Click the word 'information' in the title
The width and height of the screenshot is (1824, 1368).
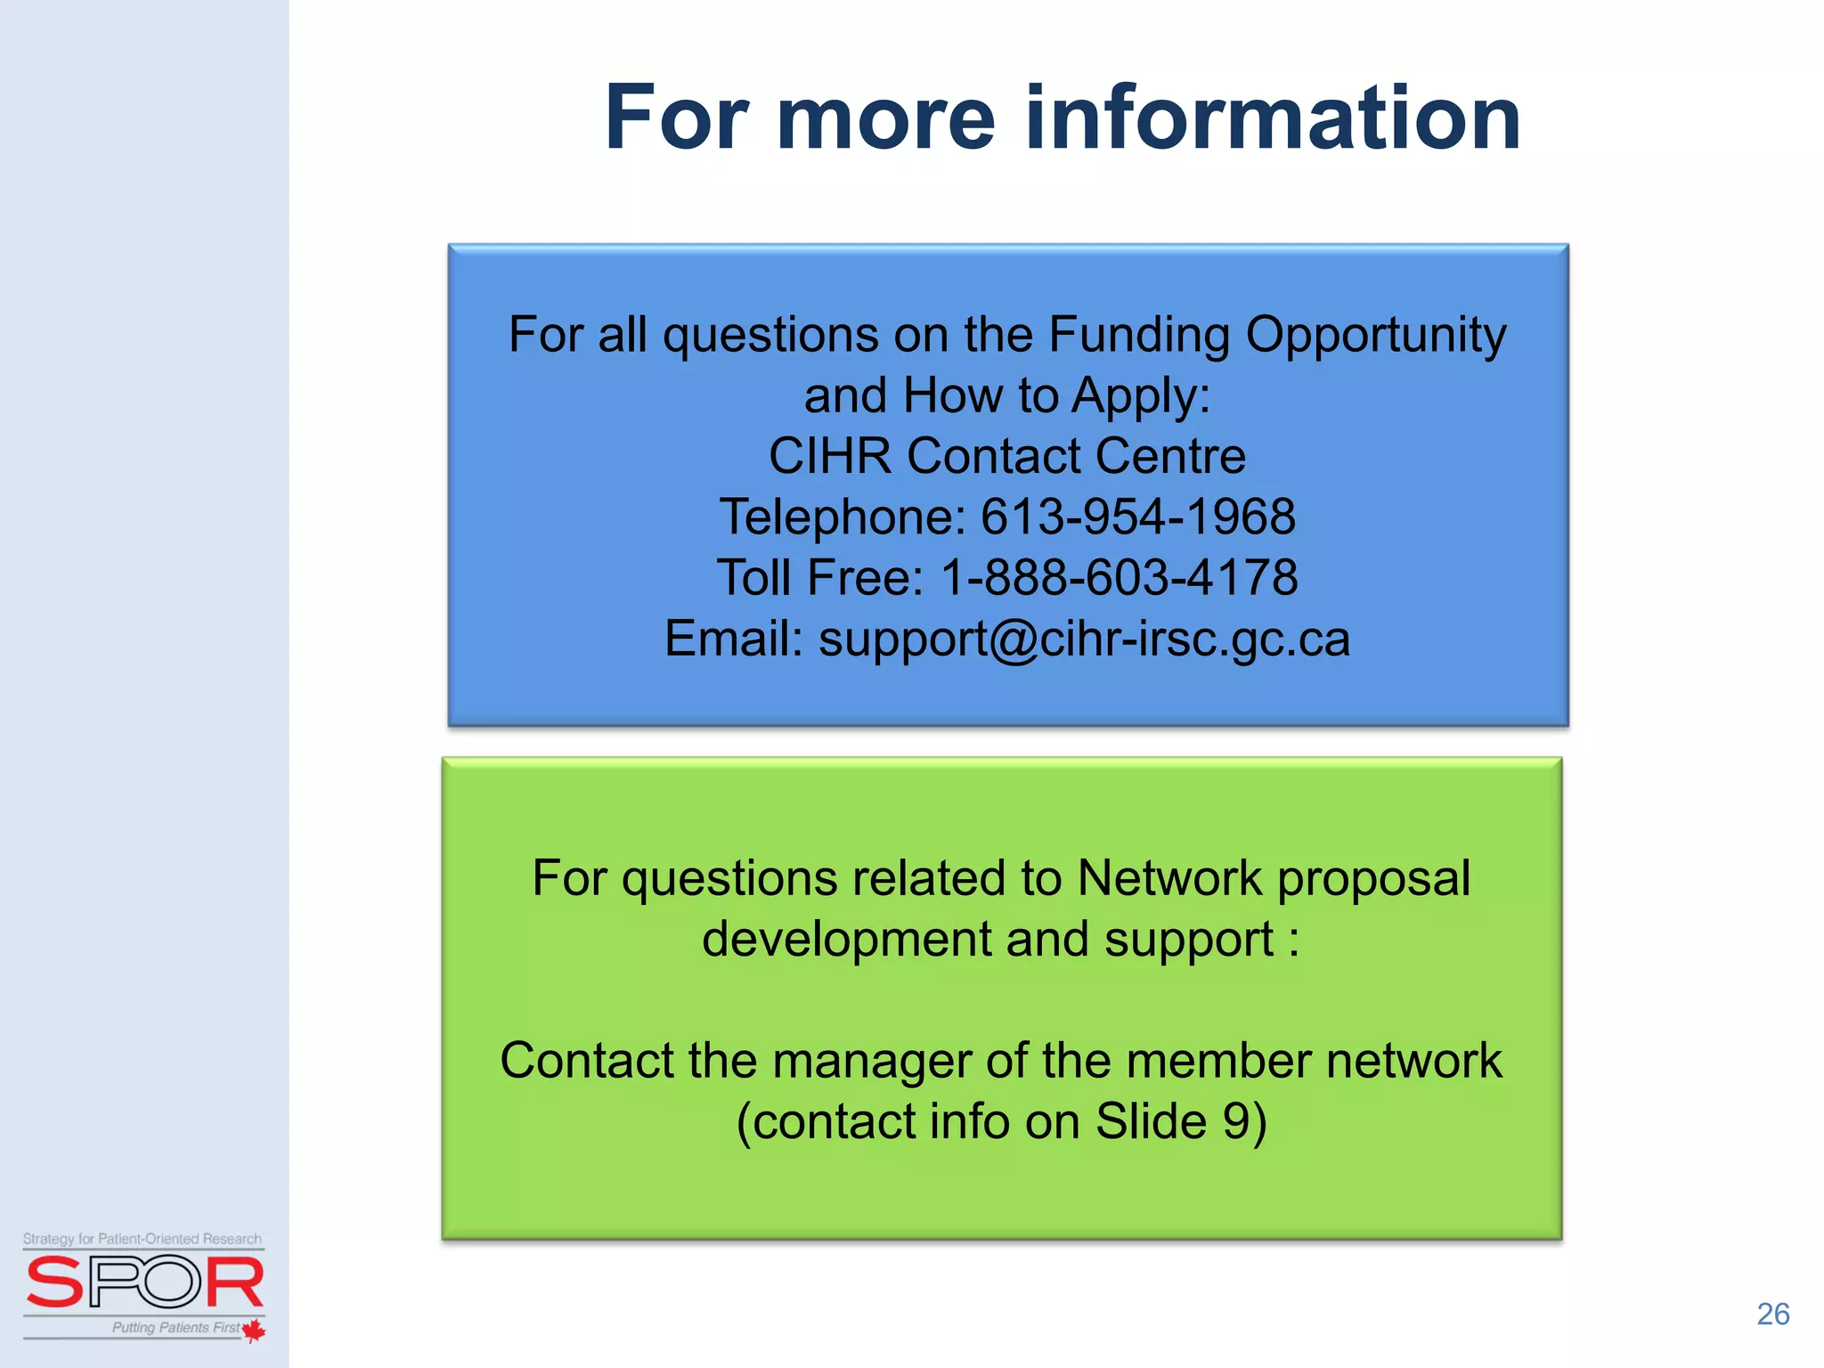click(1274, 118)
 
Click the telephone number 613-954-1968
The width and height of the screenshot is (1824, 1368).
click(1137, 517)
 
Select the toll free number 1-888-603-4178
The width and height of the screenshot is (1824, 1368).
click(1120, 577)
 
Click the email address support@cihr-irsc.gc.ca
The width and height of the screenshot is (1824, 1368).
click(1084, 639)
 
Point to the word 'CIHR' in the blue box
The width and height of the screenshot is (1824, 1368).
click(829, 456)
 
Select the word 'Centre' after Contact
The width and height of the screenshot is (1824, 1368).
click(1170, 456)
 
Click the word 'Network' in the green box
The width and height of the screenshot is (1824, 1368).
click(1169, 878)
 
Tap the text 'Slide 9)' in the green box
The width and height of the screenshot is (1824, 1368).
click(1181, 1121)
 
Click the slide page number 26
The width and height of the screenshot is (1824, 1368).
click(1772, 1315)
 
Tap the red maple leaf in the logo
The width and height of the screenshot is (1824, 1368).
click(254, 1331)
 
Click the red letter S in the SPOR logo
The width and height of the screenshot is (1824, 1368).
click(55, 1282)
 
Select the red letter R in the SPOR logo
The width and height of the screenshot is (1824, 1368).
click(235, 1282)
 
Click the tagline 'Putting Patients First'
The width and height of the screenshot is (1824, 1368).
click(175, 1327)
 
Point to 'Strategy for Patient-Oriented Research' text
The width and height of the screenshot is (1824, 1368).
click(142, 1239)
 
